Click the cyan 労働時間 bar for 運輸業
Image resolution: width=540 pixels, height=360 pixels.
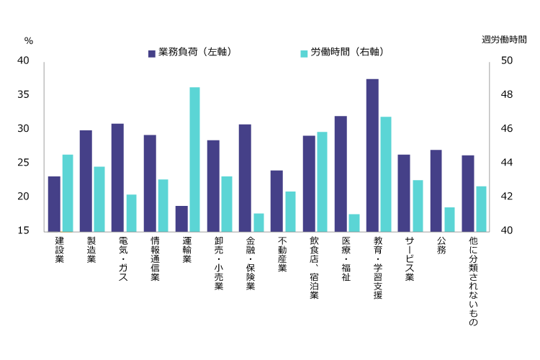(x=194, y=159)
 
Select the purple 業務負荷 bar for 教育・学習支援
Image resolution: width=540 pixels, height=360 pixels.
(x=372, y=155)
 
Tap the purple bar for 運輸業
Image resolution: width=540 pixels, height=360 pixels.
(x=181, y=218)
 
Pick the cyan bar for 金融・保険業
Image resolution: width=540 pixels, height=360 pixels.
(x=258, y=222)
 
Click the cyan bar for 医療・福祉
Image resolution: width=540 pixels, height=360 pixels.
(x=354, y=222)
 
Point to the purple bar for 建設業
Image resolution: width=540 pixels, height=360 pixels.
(x=54, y=203)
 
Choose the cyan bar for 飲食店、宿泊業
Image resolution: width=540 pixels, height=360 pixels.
(x=322, y=181)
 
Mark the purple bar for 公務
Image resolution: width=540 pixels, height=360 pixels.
(x=436, y=190)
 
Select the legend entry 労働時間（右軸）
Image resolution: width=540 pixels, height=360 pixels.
(x=341, y=53)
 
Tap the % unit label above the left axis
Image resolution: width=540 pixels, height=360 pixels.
(x=28, y=41)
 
